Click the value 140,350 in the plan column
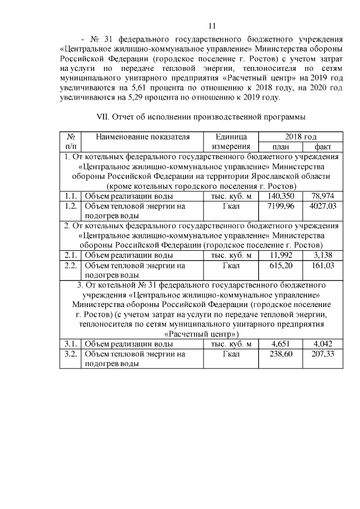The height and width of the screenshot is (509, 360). (x=281, y=196)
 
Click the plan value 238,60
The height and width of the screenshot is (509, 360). (x=282, y=354)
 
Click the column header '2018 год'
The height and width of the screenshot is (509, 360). (x=300, y=137)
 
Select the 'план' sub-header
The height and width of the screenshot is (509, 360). (x=280, y=147)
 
